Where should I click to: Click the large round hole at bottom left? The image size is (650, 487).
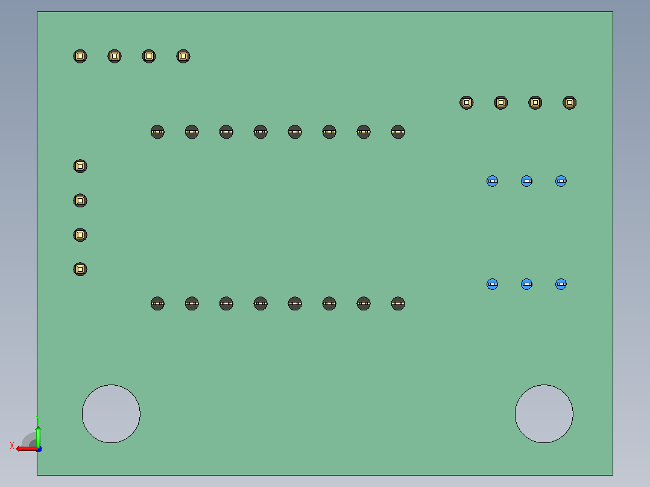[111, 413]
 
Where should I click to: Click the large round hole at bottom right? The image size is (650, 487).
[544, 413]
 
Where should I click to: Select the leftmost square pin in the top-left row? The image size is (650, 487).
[80, 56]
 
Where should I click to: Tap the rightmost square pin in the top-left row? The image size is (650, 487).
[183, 56]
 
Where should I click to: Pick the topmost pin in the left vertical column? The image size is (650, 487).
[80, 166]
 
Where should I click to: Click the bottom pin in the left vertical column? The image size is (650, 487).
[80, 269]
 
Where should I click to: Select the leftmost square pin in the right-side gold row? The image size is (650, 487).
[466, 102]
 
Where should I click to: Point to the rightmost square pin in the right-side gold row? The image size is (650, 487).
[570, 102]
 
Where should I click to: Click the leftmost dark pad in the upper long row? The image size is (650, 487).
[157, 132]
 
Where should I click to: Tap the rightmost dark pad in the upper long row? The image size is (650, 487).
[398, 132]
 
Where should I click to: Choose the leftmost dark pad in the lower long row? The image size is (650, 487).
[157, 303]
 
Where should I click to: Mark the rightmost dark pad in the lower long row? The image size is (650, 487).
[398, 303]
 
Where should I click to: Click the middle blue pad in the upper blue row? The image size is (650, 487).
[526, 181]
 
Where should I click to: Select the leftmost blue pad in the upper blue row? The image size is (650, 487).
[492, 181]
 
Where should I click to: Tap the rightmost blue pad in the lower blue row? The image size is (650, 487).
[561, 284]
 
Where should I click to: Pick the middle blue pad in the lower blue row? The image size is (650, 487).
[526, 284]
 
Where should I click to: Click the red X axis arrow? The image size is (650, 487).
[27, 449]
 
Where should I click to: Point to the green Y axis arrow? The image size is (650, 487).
[38, 437]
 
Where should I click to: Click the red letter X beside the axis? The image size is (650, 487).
[12, 445]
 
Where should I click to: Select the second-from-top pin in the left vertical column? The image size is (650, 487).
[80, 201]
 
